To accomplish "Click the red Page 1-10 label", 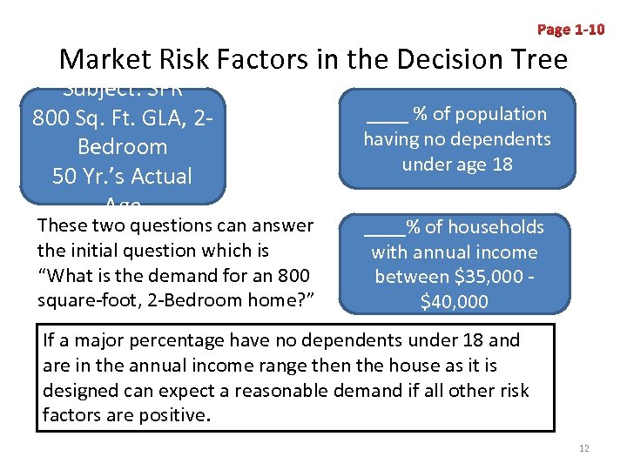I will tap(570, 30).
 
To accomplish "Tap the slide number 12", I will tap(583, 448).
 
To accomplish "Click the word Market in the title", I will tap(104, 59).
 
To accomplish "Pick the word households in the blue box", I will tap(496, 227).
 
